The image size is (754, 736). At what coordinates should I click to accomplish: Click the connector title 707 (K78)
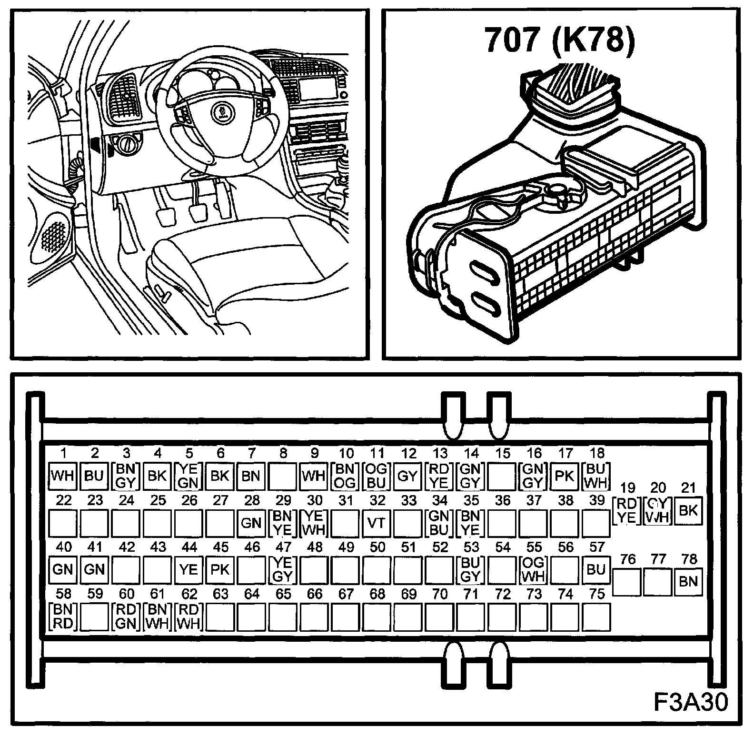pyautogui.click(x=560, y=40)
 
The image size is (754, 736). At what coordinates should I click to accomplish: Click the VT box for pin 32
pyautogui.click(x=377, y=523)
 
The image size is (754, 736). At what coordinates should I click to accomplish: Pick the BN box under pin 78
pyautogui.click(x=688, y=581)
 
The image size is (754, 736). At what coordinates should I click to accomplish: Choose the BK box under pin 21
pyautogui.click(x=688, y=511)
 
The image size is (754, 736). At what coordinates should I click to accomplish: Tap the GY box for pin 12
pyautogui.click(x=407, y=476)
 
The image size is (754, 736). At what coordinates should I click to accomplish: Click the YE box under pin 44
pyautogui.click(x=188, y=569)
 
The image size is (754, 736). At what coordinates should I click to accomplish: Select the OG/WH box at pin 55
pyautogui.click(x=533, y=569)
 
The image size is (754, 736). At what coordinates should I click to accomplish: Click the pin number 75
pyautogui.click(x=596, y=594)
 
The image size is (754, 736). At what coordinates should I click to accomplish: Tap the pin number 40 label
pyautogui.click(x=63, y=547)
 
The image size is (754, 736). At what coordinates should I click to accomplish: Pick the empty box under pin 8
pyautogui.click(x=283, y=476)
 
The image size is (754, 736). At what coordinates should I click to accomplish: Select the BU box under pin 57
pyautogui.click(x=596, y=569)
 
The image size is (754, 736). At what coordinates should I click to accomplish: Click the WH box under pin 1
pyautogui.click(x=63, y=476)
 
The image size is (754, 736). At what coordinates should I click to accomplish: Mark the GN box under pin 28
pyautogui.click(x=251, y=523)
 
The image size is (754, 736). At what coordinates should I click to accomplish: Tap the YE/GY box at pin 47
pyautogui.click(x=283, y=569)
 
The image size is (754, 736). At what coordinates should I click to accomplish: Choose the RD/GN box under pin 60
pyautogui.click(x=126, y=616)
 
